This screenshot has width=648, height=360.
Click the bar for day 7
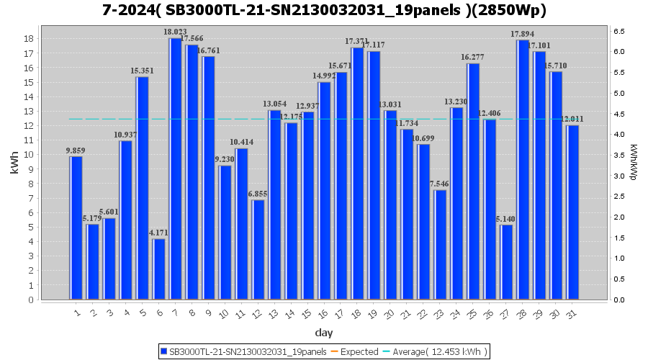click(175, 169)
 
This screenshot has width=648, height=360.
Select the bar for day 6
click(158, 269)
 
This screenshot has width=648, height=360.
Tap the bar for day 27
click(506, 262)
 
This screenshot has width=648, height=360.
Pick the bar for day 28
click(523, 170)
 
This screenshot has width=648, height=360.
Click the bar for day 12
click(258, 250)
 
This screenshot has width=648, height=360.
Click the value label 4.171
click(158, 233)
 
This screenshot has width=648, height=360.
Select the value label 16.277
click(473, 58)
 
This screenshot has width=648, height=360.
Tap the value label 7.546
click(440, 184)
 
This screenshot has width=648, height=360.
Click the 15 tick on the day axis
click(307, 312)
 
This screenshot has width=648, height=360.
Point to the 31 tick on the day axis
click(572, 312)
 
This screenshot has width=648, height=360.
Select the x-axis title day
click(324, 333)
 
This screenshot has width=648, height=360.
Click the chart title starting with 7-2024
click(324, 11)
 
